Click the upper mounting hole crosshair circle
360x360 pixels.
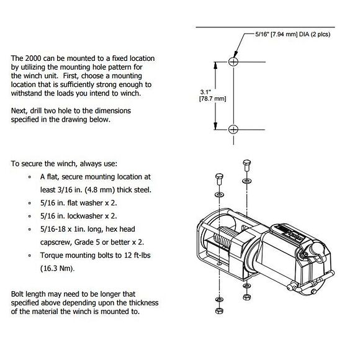[233, 62]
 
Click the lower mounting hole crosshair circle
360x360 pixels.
[233, 130]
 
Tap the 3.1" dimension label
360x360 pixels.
[205, 92]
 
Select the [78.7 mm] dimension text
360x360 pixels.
[213, 99]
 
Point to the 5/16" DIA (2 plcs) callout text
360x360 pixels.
[293, 34]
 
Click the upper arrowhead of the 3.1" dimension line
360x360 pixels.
[215, 65]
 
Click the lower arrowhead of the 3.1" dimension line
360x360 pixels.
[215, 126]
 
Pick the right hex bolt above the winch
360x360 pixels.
[246, 165]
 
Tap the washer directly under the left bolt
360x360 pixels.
[220, 195]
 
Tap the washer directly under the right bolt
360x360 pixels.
[246, 181]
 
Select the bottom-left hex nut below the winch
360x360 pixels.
[220, 311]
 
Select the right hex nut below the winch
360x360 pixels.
[246, 297]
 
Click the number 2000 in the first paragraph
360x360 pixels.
[33, 58]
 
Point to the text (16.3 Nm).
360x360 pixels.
[57, 268]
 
